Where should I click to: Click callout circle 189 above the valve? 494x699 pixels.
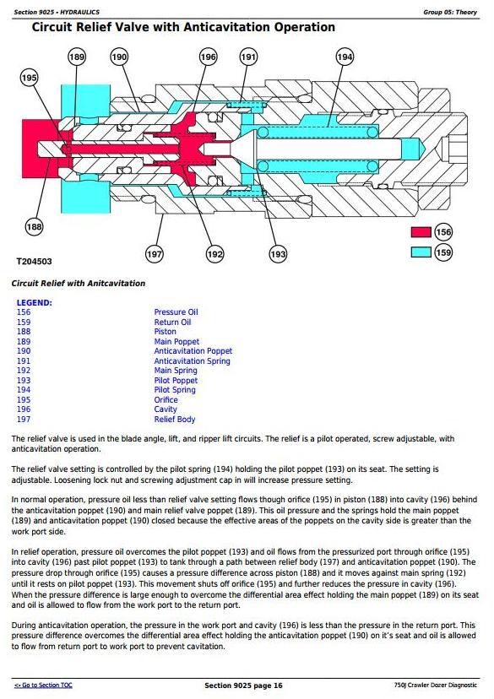coord(77,57)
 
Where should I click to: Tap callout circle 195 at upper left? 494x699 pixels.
coord(29,78)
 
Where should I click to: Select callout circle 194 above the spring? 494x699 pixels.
coord(345,57)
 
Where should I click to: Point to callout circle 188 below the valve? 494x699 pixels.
coord(34,226)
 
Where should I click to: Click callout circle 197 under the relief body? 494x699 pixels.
coord(155,254)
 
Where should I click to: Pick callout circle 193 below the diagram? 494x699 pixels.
coord(278,254)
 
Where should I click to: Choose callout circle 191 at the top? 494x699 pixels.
coord(248,57)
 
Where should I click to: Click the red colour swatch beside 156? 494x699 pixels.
coord(421,232)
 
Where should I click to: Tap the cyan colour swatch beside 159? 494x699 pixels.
coord(421,252)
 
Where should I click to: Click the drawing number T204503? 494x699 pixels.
coord(34,262)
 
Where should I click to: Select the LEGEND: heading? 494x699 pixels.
coord(35,303)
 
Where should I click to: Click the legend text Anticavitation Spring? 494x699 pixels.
coord(193,361)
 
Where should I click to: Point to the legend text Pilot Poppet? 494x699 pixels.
coord(176,380)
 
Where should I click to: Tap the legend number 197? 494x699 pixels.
coord(24,419)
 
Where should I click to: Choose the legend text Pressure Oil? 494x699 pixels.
coord(176,312)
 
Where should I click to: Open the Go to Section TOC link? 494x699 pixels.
coord(43,685)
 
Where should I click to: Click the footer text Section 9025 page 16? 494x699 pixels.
coord(243,685)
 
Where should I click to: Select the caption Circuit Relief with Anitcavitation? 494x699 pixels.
coord(79,283)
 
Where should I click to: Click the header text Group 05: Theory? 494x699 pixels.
coord(450,12)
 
